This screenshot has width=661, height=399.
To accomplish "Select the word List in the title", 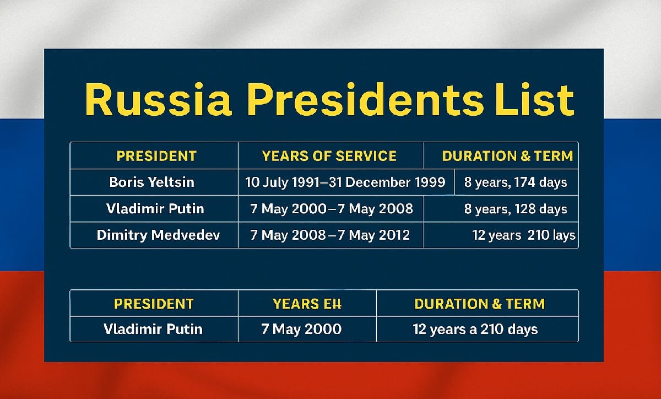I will tap(533, 100).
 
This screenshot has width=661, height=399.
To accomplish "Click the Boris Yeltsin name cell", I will tap(151, 182).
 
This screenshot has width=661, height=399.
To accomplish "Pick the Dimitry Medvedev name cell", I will tap(158, 235).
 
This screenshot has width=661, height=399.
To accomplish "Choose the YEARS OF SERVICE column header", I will tap(329, 156).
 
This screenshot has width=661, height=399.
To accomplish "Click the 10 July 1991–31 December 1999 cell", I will tap(345, 182).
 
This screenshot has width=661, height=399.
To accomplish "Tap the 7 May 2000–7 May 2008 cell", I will tap(332, 209).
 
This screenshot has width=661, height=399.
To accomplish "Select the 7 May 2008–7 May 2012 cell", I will tap(330, 235).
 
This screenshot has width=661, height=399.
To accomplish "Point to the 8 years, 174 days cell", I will tap(516, 182).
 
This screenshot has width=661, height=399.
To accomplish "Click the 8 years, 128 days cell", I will tap(516, 209).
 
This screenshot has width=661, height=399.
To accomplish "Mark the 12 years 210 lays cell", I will tap(523, 235).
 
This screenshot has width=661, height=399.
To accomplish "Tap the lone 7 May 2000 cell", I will tap(301, 329).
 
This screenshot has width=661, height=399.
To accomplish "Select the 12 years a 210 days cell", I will tap(475, 329).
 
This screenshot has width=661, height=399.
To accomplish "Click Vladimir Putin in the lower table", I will tap(153, 329).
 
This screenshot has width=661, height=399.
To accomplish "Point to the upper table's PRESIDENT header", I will tap(156, 156).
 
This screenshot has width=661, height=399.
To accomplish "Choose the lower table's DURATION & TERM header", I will tap(479, 304).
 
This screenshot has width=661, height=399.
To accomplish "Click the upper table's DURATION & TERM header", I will tap(507, 156).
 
